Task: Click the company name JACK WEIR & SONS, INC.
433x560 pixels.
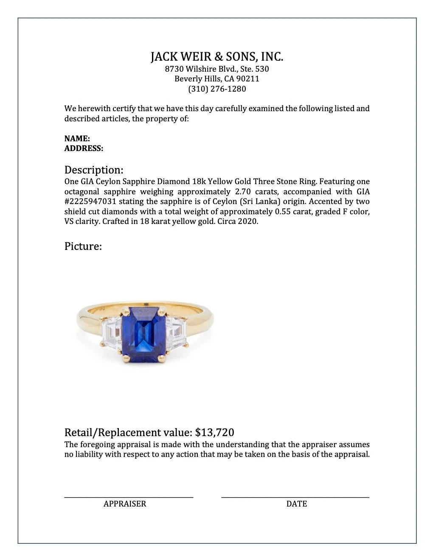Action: tap(216, 57)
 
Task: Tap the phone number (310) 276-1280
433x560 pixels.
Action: tap(216, 89)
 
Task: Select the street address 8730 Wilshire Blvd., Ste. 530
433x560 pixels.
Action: tap(216, 69)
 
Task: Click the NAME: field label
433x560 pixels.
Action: tap(77, 138)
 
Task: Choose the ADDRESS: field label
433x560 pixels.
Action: tap(84, 148)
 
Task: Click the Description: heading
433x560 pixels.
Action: tap(94, 170)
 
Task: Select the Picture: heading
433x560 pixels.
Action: tap(83, 246)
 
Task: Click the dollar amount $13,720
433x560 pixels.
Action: tap(214, 432)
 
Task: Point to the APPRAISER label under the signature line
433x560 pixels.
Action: tap(125, 504)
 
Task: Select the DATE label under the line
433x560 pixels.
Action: tap(296, 504)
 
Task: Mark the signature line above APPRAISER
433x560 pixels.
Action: tap(129, 496)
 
